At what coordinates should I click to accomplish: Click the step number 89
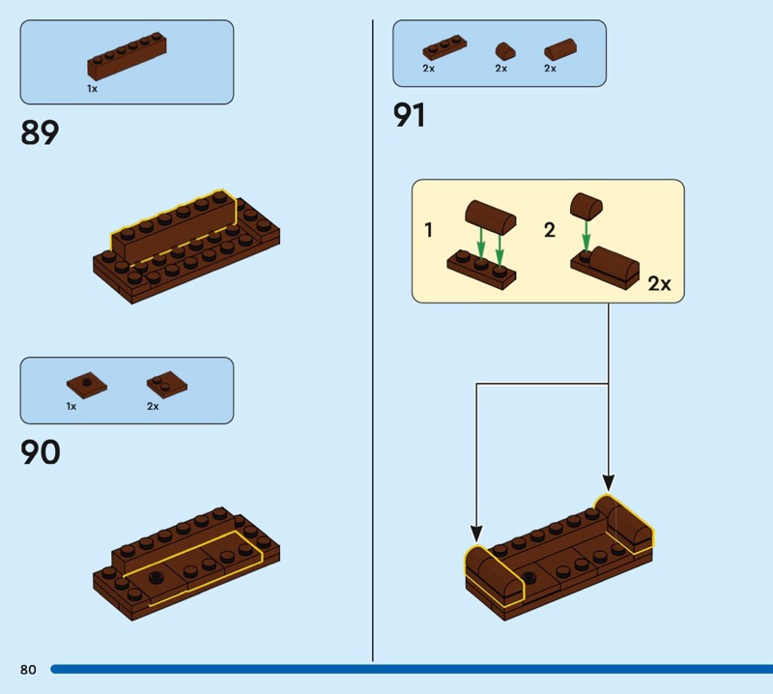point(40,131)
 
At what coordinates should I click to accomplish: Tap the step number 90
point(41,451)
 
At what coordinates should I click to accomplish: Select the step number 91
point(409,115)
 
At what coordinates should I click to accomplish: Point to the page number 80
point(27,670)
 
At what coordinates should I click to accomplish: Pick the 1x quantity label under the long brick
point(92,88)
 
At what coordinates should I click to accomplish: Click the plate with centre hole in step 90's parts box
point(87,385)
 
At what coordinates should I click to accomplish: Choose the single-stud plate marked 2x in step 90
point(167,385)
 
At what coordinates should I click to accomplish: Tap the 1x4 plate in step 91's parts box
point(444,49)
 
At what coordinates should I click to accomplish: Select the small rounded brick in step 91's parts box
point(502,50)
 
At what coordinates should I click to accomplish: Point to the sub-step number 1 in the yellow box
point(429,231)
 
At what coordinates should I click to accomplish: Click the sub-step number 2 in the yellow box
point(550,231)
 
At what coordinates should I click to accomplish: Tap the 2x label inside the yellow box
point(659,284)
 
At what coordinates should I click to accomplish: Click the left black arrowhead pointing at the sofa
point(475,532)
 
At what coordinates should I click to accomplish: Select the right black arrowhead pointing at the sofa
point(609,480)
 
